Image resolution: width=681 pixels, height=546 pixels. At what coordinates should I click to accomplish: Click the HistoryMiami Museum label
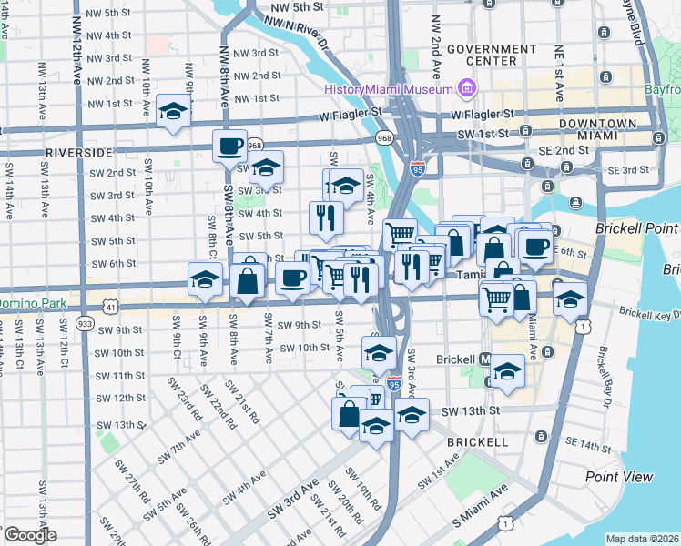click(390, 89)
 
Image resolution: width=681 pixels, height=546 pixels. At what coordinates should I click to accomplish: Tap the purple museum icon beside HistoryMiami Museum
click(467, 88)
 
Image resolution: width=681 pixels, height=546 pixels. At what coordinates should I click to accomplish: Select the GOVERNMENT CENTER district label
click(491, 55)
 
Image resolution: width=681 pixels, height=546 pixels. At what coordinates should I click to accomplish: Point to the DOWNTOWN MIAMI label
click(597, 129)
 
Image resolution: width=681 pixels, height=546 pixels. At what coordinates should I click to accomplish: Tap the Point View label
click(619, 477)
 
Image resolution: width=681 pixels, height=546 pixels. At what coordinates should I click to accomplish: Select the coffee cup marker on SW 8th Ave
click(229, 146)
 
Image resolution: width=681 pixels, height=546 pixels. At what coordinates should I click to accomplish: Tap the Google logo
click(29, 535)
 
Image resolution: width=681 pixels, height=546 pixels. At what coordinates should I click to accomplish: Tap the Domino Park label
click(33, 302)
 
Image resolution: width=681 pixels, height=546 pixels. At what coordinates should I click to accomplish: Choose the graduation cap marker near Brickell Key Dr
click(569, 297)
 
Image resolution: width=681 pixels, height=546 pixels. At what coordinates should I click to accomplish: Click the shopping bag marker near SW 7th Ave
click(248, 279)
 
